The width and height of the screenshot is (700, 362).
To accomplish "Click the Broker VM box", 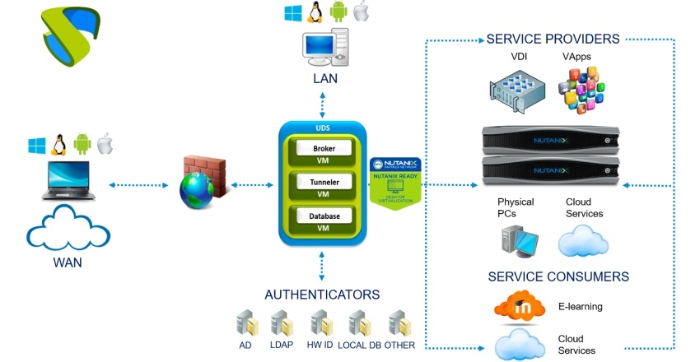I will tap(323, 154).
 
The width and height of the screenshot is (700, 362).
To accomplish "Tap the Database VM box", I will tap(323, 220).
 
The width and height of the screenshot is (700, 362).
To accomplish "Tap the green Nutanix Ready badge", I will tap(396, 183).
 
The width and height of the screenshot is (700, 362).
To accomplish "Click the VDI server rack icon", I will tap(517, 91).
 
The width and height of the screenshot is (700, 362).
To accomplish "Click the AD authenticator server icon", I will tap(246, 323).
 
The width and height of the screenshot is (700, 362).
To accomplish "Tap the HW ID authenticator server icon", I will tap(320, 323).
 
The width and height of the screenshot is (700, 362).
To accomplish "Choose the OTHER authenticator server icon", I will tap(399, 323).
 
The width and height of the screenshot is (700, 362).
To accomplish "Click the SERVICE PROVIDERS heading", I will tap(553, 39).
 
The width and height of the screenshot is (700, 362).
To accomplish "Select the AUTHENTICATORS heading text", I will tap(322, 294).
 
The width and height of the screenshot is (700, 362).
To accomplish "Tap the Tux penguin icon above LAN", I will tap(314, 12).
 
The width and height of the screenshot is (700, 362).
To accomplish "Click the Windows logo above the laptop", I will tap(36, 146).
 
